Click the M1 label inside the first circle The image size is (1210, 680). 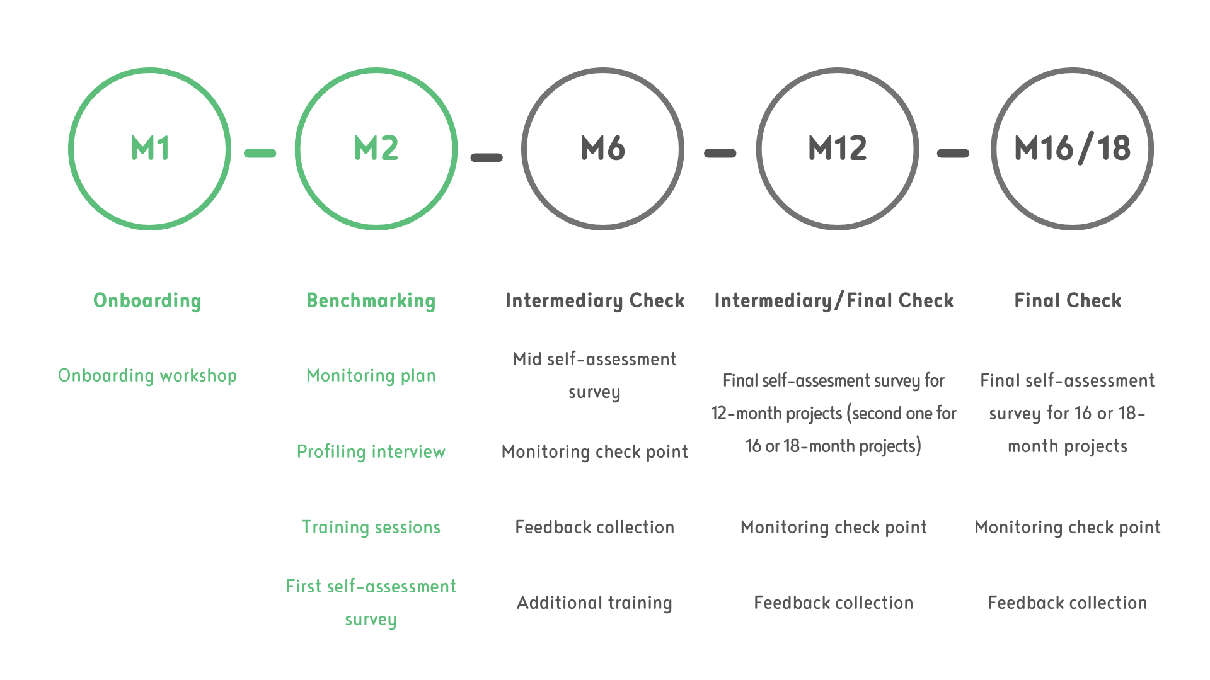pos(150,149)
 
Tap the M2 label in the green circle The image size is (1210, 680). pos(376,149)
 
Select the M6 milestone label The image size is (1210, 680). pos(602,149)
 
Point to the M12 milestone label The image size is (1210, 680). pos(838,149)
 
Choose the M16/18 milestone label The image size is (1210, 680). pos(1072,149)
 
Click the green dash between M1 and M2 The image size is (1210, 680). pos(260,153)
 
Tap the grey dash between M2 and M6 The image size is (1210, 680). pos(487,157)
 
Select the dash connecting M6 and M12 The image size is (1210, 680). pos(720,153)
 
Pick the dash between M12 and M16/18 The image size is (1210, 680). pos(953,153)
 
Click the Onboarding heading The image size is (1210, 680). pos(147,300)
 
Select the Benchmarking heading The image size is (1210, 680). pos(371,300)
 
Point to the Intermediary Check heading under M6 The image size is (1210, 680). pos(595,300)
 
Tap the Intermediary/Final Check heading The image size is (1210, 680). pos(834,300)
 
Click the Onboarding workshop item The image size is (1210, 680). pos(147,375)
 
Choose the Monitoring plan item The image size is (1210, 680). pos(371,375)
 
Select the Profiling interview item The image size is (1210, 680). pos(371,451)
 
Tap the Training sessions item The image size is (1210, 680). pos(371,527)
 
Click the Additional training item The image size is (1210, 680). pos(595,603)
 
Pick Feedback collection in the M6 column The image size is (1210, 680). pos(595,527)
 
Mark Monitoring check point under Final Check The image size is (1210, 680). pos(1068,527)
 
